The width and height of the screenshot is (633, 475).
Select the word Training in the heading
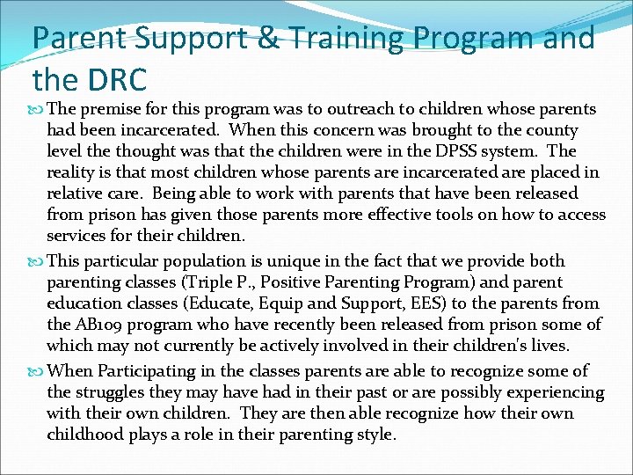point(346,40)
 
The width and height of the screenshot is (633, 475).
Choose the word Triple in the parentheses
point(210,282)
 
